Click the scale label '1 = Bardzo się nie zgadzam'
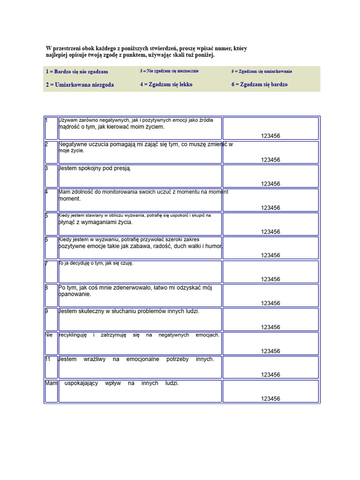point(77,72)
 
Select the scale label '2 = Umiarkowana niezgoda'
point(80,85)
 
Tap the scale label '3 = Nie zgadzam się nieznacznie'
point(169,71)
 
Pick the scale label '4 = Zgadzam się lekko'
point(166,85)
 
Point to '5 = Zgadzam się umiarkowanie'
point(262,71)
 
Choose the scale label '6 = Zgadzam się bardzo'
point(259,85)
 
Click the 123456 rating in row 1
point(270,136)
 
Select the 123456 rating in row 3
point(270,184)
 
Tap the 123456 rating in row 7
point(270,279)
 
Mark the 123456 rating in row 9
point(270,327)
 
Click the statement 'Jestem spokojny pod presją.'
point(95,168)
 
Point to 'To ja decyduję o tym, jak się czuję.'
point(96,263)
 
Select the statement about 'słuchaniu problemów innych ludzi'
point(129,311)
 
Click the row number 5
point(47,216)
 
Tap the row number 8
point(47,287)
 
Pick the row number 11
point(48,359)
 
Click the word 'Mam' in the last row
point(51,383)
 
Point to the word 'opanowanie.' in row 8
point(75,294)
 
